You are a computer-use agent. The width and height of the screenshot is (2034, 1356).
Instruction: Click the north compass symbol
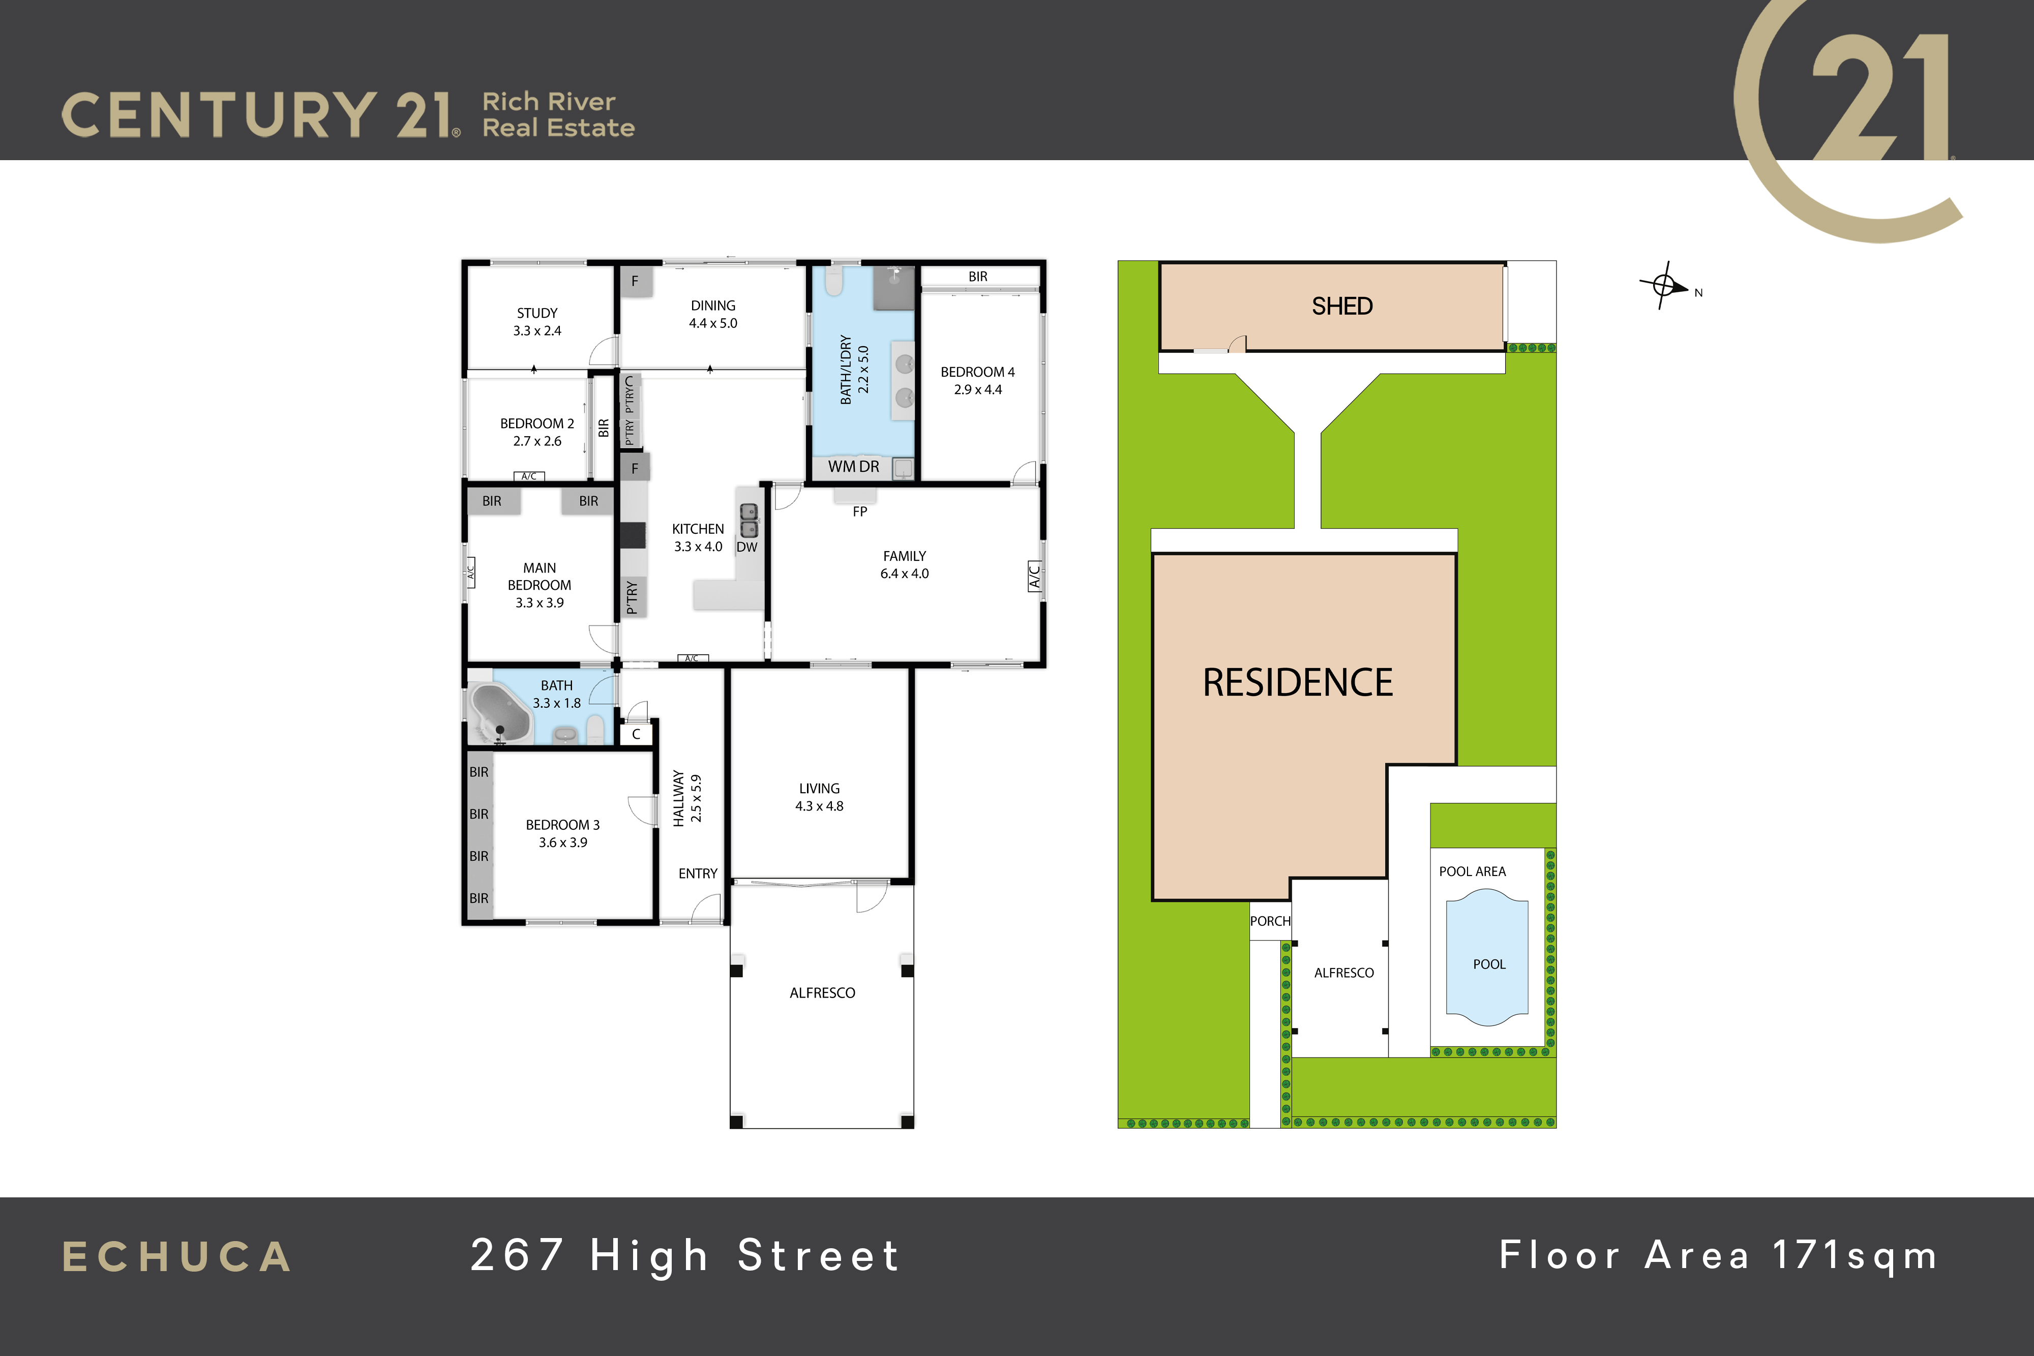pyautogui.click(x=1664, y=285)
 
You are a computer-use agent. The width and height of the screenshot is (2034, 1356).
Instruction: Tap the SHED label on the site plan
pyautogui.click(x=1342, y=306)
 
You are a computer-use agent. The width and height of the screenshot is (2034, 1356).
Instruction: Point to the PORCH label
pyautogui.click(x=1270, y=921)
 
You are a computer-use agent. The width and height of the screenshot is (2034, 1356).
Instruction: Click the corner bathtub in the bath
pyautogui.click(x=500, y=712)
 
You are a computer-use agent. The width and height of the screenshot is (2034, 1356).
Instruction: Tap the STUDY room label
pyautogui.click(x=537, y=313)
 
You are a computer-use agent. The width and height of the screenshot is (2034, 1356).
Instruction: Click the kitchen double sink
pyautogui.click(x=749, y=520)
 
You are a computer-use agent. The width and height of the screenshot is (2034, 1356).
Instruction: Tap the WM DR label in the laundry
pyautogui.click(x=854, y=467)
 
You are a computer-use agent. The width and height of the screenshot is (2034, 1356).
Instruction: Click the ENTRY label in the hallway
pyautogui.click(x=698, y=873)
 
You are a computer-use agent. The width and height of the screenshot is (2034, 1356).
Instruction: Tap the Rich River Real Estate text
pyautogui.click(x=559, y=114)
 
